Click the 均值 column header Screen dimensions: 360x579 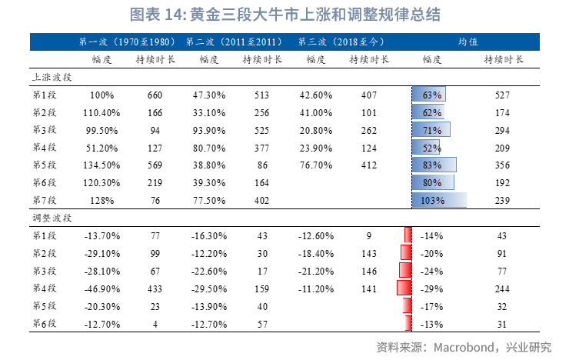click(x=469, y=42)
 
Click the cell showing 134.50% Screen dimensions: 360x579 click(x=101, y=165)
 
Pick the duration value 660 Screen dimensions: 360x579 click(x=155, y=95)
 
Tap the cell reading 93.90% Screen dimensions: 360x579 click(x=208, y=129)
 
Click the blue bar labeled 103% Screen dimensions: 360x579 click(x=439, y=200)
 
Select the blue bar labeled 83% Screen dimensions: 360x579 click(x=434, y=165)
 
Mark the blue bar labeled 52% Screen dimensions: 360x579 click(x=426, y=147)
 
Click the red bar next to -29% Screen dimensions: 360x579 click(x=404, y=288)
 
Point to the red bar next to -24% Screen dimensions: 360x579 click(x=405, y=270)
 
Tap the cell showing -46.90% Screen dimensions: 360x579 click(x=101, y=288)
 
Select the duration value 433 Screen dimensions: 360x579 click(x=155, y=288)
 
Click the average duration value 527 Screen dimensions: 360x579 click(x=503, y=95)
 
